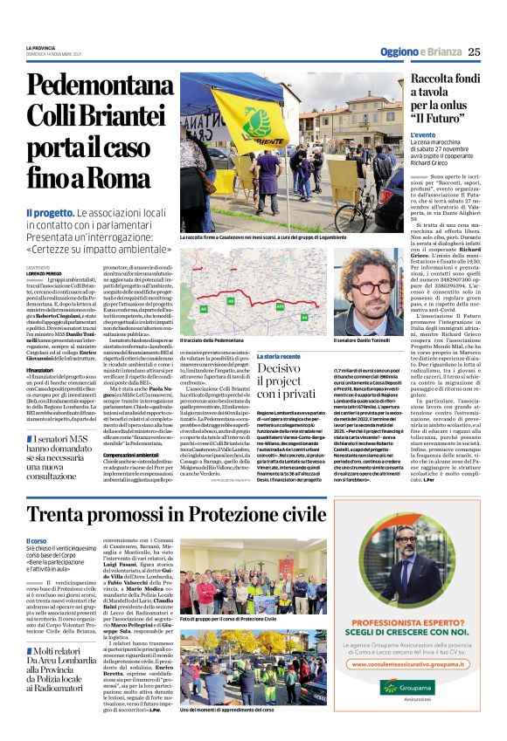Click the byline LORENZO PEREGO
tap(44, 276)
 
